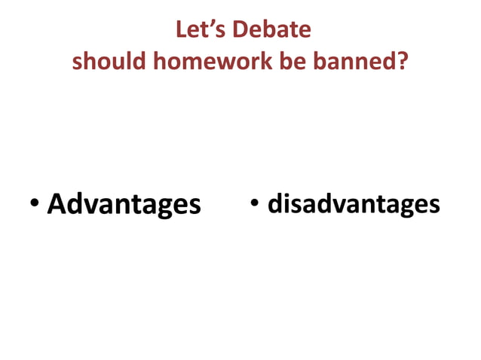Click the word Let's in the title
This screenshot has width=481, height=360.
click(x=200, y=29)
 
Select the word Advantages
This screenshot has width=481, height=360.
click(x=124, y=204)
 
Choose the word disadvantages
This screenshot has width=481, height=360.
click(x=354, y=203)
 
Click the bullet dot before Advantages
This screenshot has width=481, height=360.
click(x=35, y=204)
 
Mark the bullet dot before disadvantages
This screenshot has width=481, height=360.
click(x=256, y=203)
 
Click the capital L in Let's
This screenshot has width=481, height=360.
click(x=182, y=29)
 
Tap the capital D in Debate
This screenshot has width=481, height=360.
click(x=242, y=29)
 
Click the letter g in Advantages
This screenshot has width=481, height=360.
click(x=167, y=207)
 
